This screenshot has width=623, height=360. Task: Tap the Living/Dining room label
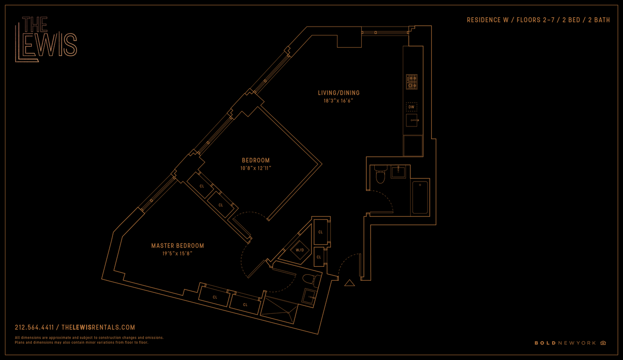(339, 93)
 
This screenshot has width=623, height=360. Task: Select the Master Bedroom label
(177, 246)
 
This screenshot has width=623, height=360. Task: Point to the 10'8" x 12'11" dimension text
(256, 168)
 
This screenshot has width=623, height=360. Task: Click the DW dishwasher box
(411, 107)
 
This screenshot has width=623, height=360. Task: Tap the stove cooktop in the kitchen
(412, 82)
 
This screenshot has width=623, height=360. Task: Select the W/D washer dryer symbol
(300, 250)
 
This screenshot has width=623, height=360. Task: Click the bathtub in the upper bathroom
(420, 198)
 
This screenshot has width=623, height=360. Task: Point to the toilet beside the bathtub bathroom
(380, 174)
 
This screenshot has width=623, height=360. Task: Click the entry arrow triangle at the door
(350, 283)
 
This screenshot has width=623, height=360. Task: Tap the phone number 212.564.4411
(35, 328)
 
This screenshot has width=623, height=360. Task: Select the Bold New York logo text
(565, 343)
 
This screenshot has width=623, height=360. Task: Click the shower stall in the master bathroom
(279, 311)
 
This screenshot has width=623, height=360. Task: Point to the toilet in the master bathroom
(311, 280)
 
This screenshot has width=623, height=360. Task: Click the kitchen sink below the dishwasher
(412, 120)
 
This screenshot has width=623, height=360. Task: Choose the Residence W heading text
(538, 20)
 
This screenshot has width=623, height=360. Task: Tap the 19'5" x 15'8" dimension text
(177, 254)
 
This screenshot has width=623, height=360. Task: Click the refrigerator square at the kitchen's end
(413, 145)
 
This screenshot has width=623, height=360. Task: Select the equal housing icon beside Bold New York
(603, 343)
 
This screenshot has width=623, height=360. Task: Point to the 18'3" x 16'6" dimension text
(339, 101)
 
